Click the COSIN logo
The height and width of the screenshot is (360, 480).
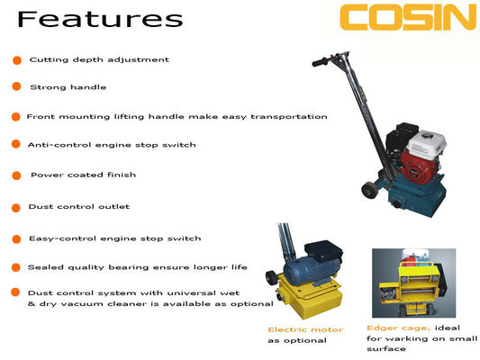pyautogui.click(x=408, y=17)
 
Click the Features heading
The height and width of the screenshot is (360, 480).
pyautogui.click(x=100, y=19)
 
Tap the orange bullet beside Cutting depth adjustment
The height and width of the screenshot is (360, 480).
pyautogui.click(x=17, y=60)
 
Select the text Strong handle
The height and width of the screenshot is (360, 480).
pyautogui.click(x=68, y=87)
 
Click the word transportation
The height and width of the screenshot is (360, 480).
pyautogui.click(x=289, y=117)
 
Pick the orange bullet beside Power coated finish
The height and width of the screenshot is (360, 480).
pyautogui.click(x=16, y=175)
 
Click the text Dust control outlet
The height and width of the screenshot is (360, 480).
pyautogui.click(x=79, y=207)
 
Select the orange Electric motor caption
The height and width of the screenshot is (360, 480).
pyautogui.click(x=305, y=329)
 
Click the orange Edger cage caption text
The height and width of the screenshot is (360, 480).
pyautogui.click(x=399, y=328)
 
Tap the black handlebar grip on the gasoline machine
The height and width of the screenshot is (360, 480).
pyautogui.click(x=320, y=62)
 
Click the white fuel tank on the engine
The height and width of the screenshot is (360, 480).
pyautogui.click(x=427, y=144)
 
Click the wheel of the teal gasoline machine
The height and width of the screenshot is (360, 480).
pyautogui.click(x=369, y=190)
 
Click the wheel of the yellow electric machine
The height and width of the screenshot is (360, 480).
pyautogui.click(x=272, y=278)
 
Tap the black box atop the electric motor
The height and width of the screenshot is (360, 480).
pyautogui.click(x=323, y=251)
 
